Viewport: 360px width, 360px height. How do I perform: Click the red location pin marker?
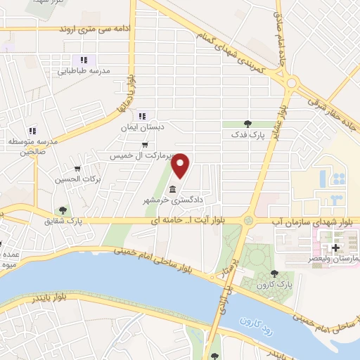181,166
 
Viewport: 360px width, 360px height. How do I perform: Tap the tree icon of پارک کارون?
274,274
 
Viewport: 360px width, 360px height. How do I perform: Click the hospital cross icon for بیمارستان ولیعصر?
335,248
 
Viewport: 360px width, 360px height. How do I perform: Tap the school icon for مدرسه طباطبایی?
84,60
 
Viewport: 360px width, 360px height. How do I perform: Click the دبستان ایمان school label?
143,127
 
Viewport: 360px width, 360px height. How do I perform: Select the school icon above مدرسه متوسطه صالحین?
32,130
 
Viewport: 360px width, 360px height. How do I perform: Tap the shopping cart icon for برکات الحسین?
78,169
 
